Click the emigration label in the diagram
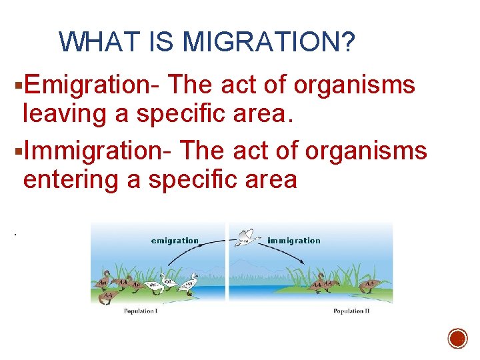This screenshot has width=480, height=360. coord(175,241)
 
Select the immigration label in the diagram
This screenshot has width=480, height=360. coord(293,241)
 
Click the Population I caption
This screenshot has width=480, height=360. coord(140,311)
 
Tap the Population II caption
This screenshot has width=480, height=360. coord(351,311)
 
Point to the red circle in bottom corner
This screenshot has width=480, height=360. coord(457,339)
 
